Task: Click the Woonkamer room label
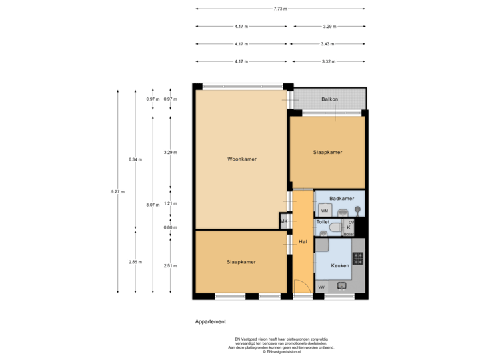coord(241,159)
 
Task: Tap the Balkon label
coord(329,99)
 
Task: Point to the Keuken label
coord(339,265)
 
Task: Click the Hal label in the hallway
coord(303,241)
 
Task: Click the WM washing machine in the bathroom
coord(325,210)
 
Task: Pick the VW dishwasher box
coord(321,287)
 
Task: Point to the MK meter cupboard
coord(283,221)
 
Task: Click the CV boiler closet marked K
coord(349,227)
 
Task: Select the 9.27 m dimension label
coord(117,192)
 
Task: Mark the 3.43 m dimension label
coord(327,43)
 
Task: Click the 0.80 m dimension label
coord(171,227)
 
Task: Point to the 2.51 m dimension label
coord(171,265)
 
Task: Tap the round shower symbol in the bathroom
coord(358,210)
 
